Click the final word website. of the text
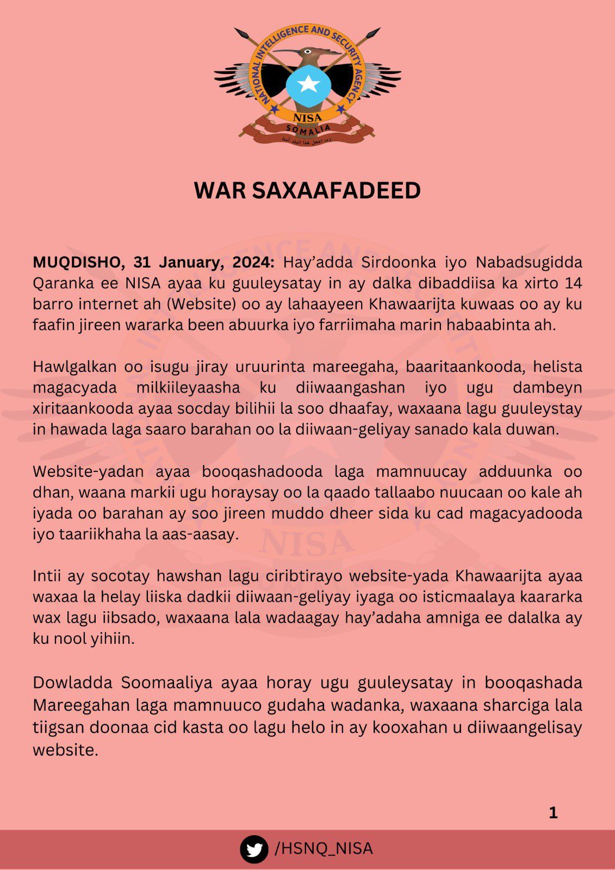pyautogui.click(x=65, y=750)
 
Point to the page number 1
pyautogui.click(x=553, y=813)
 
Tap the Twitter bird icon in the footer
pyautogui.click(x=254, y=849)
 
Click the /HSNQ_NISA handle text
pyautogui.click(x=324, y=849)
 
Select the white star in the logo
pyautogui.click(x=308, y=83)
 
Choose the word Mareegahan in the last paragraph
pyautogui.click(x=79, y=705)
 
